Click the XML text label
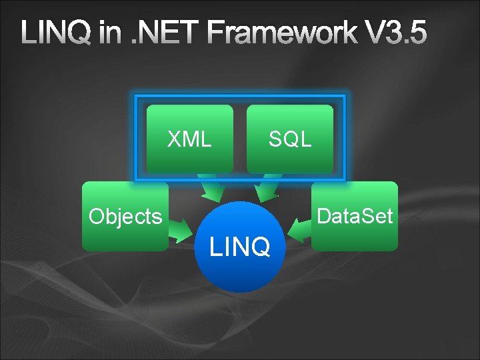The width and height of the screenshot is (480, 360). point(190,139)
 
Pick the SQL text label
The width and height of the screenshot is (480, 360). point(290,139)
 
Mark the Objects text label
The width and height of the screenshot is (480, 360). point(125,217)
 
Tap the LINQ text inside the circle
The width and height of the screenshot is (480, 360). point(240,247)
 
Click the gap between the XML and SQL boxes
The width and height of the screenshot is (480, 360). point(240,139)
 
